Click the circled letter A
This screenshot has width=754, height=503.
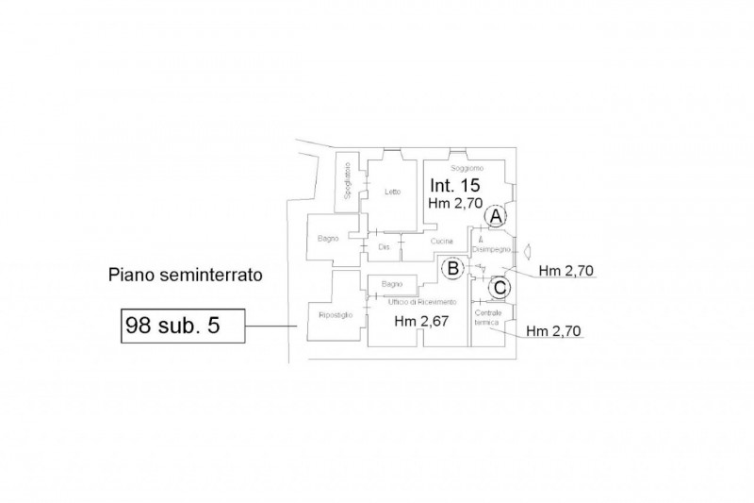coord(494,216)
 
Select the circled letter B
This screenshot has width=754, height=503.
coord(452,269)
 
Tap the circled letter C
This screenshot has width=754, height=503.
coord(500,286)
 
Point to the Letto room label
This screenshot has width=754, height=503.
coord(393,193)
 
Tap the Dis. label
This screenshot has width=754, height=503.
coord(384,247)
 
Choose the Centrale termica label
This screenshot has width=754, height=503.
coord(487,317)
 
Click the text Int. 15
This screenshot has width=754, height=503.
coord(457,185)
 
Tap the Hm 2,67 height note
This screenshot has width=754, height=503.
coord(418,321)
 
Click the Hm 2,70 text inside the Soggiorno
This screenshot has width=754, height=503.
coord(456,203)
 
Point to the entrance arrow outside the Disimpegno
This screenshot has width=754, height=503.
coord(529,250)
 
